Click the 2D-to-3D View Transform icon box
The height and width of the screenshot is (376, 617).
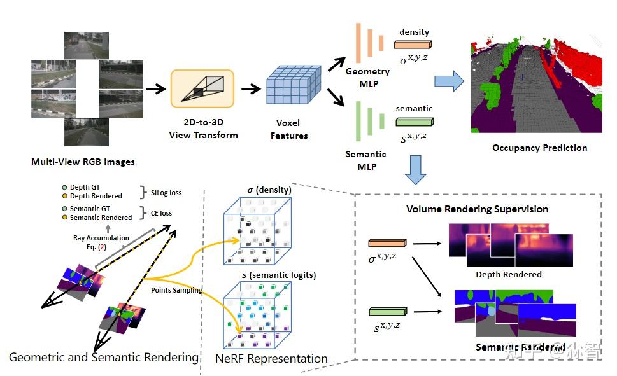[202, 88]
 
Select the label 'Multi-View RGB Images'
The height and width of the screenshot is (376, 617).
[83, 162]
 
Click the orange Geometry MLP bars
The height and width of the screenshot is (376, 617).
[370, 38]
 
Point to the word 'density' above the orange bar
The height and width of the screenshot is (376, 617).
[414, 32]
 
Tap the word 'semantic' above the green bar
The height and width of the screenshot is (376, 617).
[414, 108]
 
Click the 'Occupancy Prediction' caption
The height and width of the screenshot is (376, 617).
[539, 148]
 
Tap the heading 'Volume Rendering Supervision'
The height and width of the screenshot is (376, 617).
[477, 209]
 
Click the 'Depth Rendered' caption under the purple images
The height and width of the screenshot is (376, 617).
[509, 274]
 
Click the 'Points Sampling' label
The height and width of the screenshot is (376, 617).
[176, 289]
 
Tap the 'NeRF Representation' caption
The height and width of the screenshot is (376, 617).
[272, 359]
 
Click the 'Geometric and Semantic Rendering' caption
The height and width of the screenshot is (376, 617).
[104, 358]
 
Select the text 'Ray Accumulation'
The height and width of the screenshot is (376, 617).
[102, 238]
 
